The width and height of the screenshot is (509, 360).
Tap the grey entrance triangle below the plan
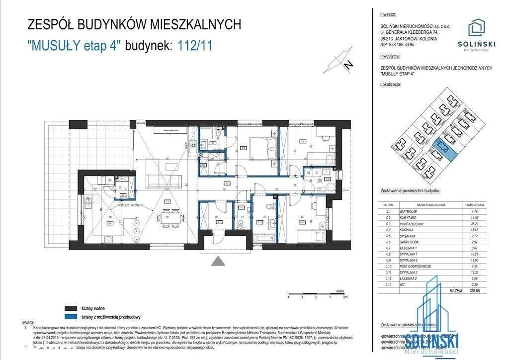[x=217, y=262]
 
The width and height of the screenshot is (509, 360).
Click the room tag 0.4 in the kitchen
[x=109, y=223]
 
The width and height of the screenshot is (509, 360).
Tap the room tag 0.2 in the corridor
[x=227, y=183]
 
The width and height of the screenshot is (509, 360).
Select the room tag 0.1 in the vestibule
[x=219, y=222]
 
